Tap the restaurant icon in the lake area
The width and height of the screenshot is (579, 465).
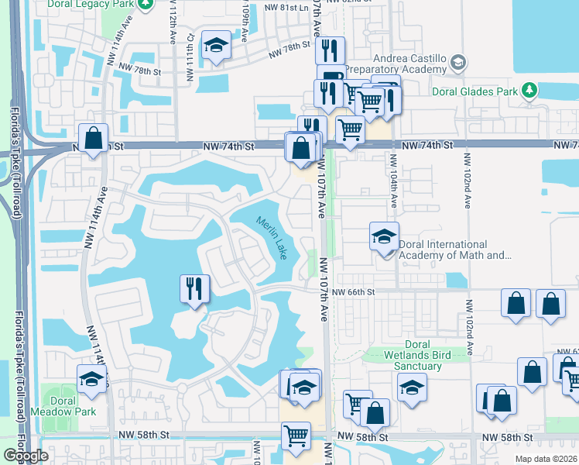click(194, 288)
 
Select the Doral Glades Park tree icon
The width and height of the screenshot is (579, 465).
click(529, 91)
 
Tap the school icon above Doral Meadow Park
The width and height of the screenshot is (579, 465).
click(92, 379)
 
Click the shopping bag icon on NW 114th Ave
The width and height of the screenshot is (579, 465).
click(94, 139)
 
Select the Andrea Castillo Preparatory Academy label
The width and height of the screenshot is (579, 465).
click(410, 67)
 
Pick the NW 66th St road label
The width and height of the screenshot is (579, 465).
click(354, 292)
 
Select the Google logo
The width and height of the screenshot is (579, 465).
click(26, 456)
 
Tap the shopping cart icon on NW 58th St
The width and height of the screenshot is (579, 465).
click(296, 435)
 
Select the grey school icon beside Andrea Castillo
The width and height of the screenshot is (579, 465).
click(458, 60)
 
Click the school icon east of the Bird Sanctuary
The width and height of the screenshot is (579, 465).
click(412, 387)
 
